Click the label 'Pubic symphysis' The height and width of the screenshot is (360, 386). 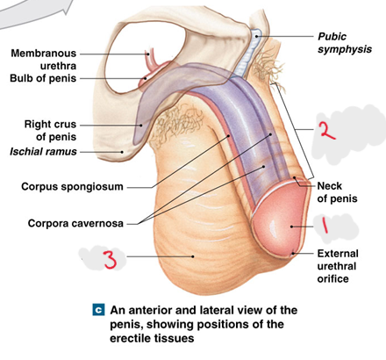[x=345, y=43]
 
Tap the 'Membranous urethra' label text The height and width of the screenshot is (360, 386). [x=43, y=60]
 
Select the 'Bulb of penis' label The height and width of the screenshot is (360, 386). [x=43, y=78]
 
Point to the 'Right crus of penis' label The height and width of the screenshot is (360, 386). [x=50, y=130]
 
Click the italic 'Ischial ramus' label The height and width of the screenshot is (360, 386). [x=43, y=152]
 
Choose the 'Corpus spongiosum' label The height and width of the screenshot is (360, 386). [x=72, y=187]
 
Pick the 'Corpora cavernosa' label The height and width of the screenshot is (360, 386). [x=75, y=223]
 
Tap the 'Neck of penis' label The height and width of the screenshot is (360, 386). [x=337, y=192]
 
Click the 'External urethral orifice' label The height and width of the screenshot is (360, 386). [x=338, y=266]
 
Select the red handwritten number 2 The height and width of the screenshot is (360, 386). [x=327, y=130]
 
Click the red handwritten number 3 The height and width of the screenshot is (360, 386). [x=111, y=260]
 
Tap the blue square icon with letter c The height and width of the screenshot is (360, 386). [x=98, y=310]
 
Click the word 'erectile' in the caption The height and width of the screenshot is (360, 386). [x=131, y=338]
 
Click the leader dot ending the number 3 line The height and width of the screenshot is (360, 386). [x=193, y=256]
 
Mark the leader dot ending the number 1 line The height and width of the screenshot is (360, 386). [x=291, y=227]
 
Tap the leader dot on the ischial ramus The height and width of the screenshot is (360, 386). [x=122, y=152]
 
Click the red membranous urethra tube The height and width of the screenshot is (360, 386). [x=151, y=60]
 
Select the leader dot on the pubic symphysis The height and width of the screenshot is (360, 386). [x=256, y=36]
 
